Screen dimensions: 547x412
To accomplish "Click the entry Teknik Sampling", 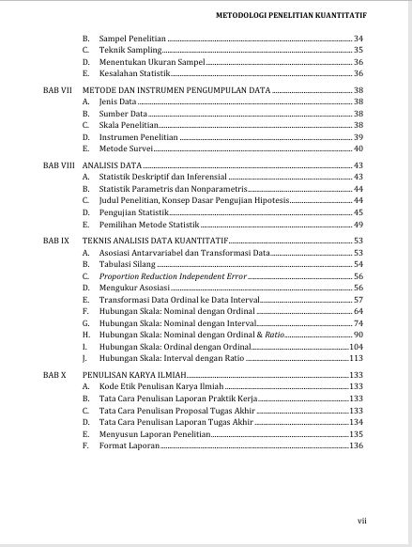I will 128,49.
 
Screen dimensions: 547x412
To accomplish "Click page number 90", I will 359,335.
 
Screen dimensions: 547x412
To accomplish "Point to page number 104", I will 357,347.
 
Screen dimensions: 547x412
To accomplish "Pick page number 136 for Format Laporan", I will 356,445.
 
